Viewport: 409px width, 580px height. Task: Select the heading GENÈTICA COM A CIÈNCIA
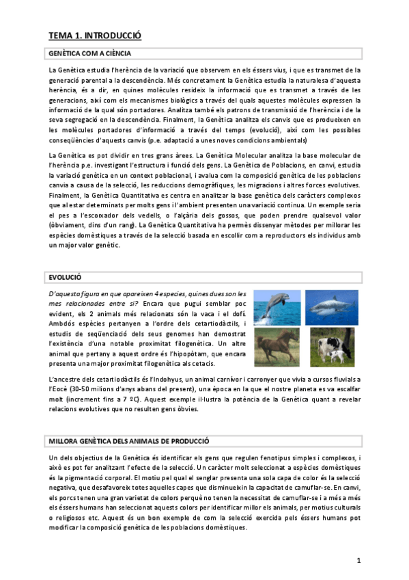click(90, 53)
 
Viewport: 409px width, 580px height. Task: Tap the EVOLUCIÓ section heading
click(65, 278)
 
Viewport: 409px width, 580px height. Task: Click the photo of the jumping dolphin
click(276, 307)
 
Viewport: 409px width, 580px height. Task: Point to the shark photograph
click(331, 307)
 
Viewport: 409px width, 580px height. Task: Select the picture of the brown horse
click(276, 347)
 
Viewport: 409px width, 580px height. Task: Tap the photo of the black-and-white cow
click(331, 347)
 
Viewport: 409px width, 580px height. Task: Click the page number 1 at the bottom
click(359, 560)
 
